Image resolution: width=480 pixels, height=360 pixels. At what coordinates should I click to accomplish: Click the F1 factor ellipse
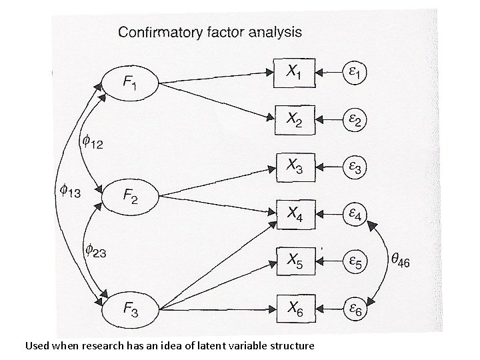[x=129, y=82]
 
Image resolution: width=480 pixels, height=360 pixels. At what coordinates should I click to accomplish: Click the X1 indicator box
[x=293, y=71]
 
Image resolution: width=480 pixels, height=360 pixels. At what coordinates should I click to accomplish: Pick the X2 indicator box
[x=293, y=119]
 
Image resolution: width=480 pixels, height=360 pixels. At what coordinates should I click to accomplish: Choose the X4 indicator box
[x=293, y=213]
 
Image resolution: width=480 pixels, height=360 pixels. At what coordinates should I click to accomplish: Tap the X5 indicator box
[x=293, y=261]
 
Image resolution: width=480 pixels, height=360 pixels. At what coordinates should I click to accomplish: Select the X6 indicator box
[x=293, y=308]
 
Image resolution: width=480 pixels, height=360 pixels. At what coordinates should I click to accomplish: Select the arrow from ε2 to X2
[x=326, y=119]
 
